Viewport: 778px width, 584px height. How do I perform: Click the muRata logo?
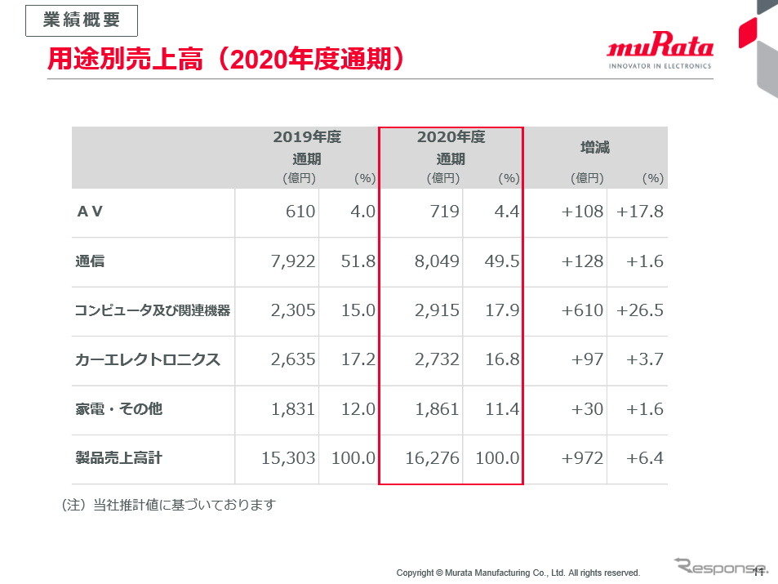[x=660, y=51]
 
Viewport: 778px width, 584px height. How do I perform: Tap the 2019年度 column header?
[x=307, y=138]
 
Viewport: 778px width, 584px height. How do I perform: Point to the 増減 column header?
[x=595, y=148]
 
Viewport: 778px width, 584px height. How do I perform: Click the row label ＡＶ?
[x=90, y=212]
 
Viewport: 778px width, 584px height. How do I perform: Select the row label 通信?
[x=90, y=261]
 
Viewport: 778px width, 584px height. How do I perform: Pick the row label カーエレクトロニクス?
[x=148, y=359]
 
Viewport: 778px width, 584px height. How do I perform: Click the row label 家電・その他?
[x=118, y=408]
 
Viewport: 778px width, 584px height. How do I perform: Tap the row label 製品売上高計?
[x=118, y=458]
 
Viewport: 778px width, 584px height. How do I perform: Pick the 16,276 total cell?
[x=433, y=458]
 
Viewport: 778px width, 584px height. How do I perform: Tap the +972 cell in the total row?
[x=583, y=458]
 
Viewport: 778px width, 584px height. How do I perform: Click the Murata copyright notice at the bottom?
[x=518, y=573]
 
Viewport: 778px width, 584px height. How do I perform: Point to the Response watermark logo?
[x=721, y=566]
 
